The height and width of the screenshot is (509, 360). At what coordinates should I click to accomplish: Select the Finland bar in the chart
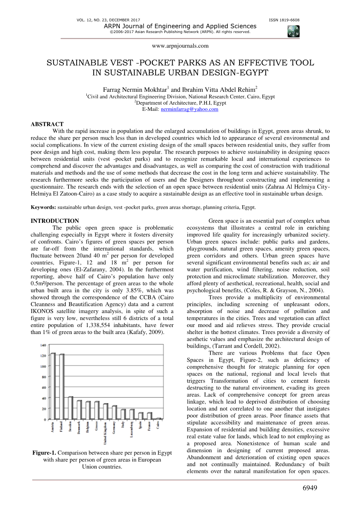(x=62, y=387)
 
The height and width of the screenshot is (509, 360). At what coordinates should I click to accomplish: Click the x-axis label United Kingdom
(x=105, y=432)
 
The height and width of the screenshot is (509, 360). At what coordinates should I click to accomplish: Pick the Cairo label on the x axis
(x=158, y=425)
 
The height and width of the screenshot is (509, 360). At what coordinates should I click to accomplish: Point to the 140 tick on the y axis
(x=43, y=345)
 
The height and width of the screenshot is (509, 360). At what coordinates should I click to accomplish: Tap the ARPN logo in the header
(x=293, y=31)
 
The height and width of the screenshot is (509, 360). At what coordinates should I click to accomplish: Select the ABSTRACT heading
(x=47, y=124)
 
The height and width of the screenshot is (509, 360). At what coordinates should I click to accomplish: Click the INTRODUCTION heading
(x=55, y=221)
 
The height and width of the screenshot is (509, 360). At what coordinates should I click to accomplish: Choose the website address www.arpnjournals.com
(x=180, y=46)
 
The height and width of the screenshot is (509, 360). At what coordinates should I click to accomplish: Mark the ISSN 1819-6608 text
(x=284, y=20)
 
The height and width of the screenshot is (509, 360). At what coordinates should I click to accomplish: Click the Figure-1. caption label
(x=44, y=453)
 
